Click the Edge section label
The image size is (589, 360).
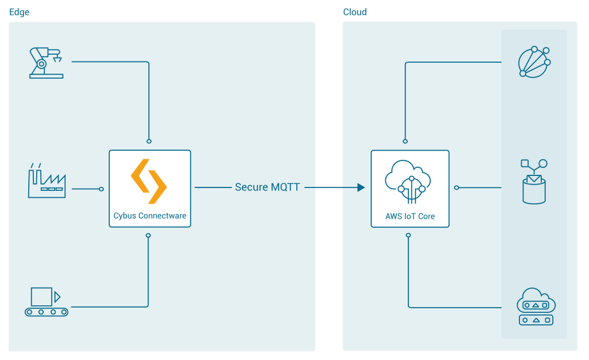click(x=19, y=12)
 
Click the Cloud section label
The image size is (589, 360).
click(x=355, y=12)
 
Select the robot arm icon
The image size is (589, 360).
click(x=45, y=63)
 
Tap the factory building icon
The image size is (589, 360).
click(x=47, y=181)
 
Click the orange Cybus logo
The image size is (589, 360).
click(x=149, y=181)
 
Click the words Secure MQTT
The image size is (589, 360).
click(x=267, y=187)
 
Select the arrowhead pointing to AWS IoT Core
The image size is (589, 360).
click(x=361, y=187)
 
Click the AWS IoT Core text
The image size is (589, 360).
click(x=410, y=217)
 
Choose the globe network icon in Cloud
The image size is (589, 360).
click(x=534, y=62)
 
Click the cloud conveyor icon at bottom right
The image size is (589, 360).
click(x=536, y=307)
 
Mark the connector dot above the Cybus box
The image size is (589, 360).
click(x=149, y=141)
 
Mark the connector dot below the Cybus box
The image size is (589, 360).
click(x=148, y=235)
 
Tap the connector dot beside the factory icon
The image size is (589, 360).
click(x=101, y=189)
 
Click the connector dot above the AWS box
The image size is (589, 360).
click(x=406, y=141)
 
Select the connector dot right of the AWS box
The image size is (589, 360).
click(x=456, y=187)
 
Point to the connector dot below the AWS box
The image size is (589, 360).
click(x=408, y=235)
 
